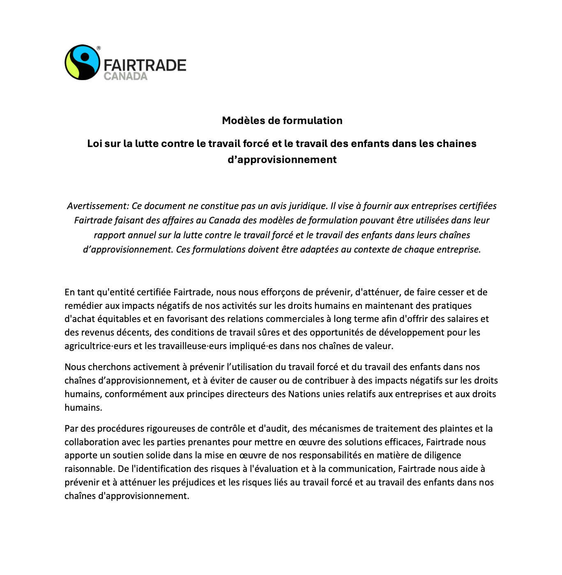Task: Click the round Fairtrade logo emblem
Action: pyautogui.click(x=83, y=62)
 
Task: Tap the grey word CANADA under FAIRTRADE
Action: pyautogui.click(x=125, y=76)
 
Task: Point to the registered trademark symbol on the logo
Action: pyautogui.click(x=99, y=48)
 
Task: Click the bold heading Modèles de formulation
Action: pyautogui.click(x=282, y=120)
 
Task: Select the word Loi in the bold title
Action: pyautogui.click(x=94, y=143)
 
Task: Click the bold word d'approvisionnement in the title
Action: pyautogui.click(x=282, y=159)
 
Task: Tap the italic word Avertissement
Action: pyautogui.click(x=98, y=206)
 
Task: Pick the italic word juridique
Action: pyautogui.click(x=304, y=206)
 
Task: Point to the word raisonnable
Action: pyautogui.click(x=89, y=469)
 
